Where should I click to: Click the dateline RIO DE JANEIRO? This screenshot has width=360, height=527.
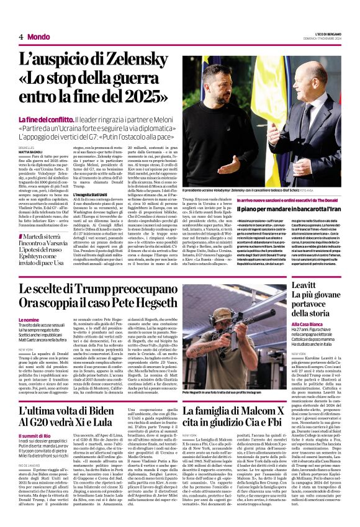[x=32, y=465]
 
